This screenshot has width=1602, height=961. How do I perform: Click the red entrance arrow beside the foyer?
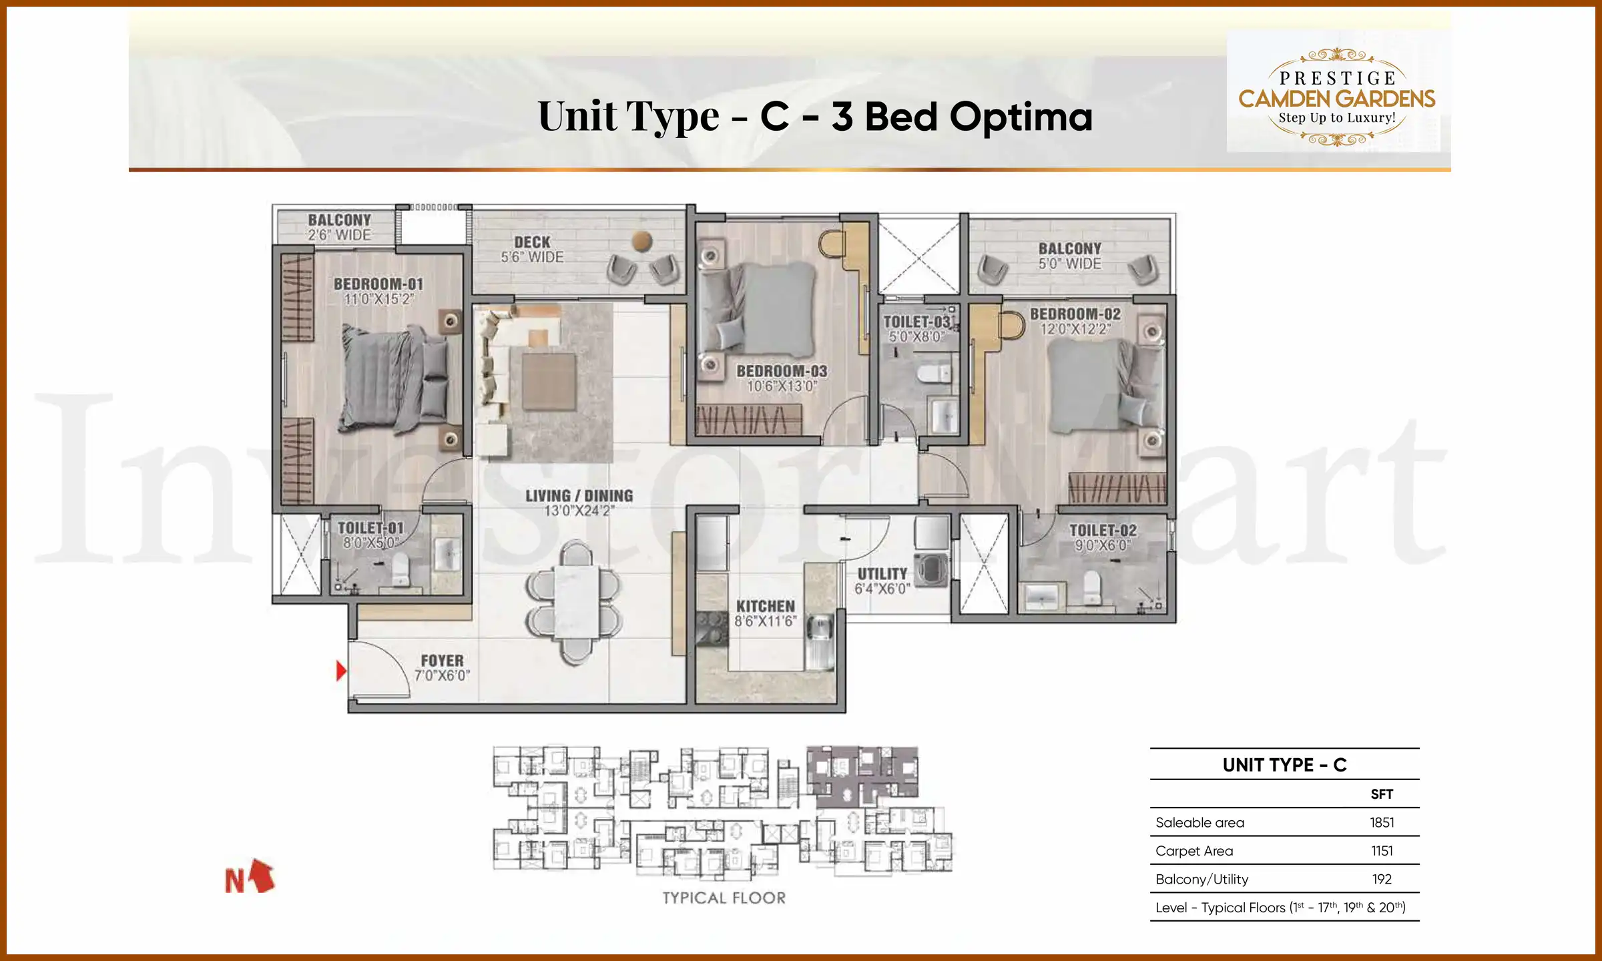point(341,671)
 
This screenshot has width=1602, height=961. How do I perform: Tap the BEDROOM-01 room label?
point(378,284)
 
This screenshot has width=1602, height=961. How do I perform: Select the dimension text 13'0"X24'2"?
point(579,511)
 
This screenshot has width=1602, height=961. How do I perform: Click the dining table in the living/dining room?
point(575,602)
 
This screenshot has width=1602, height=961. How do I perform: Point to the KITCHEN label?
point(765,606)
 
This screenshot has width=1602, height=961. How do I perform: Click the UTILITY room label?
point(882,574)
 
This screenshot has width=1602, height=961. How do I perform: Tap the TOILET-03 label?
point(916,322)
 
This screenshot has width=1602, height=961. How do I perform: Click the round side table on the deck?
point(642,241)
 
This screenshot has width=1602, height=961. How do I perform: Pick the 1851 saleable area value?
point(1382,822)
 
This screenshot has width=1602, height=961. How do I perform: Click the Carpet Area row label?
point(1194,851)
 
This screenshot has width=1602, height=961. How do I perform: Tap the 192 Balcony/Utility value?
point(1382,879)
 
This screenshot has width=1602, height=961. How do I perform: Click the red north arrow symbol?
point(262,876)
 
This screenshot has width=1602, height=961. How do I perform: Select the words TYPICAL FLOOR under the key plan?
point(724,898)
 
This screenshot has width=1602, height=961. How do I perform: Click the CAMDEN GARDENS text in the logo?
point(1336,99)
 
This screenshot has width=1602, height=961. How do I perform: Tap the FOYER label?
point(442,660)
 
